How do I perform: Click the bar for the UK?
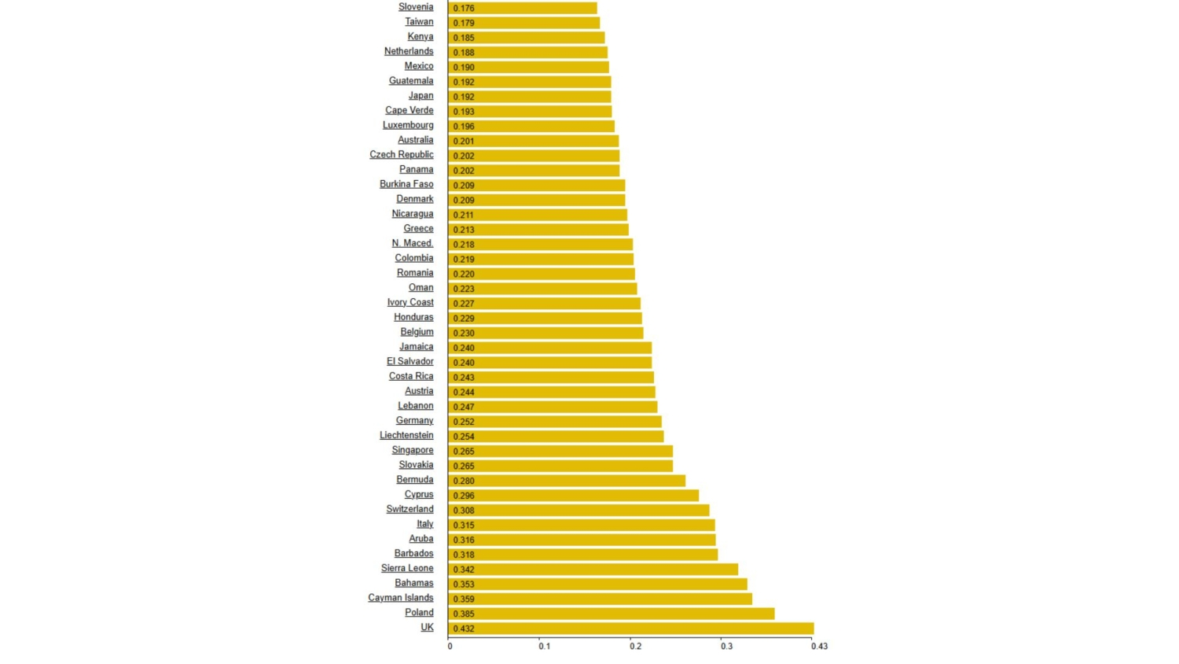point(630,629)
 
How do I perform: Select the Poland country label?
point(419,613)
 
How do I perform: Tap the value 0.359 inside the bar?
point(464,599)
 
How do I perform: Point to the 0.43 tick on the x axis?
point(819,647)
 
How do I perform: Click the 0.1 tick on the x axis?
point(544,647)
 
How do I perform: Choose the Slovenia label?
point(416,7)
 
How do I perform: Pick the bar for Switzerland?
point(578,511)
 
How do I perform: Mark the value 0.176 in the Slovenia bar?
point(464,9)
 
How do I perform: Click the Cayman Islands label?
point(401,598)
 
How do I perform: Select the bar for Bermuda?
point(567,481)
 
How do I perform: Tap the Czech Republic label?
point(402,155)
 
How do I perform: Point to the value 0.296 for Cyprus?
point(464,496)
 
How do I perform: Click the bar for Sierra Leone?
point(593,570)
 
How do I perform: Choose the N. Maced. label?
point(413,243)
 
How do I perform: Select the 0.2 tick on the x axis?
point(635,647)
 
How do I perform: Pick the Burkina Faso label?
point(406,184)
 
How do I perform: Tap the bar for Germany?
point(555,422)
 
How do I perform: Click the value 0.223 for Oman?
point(464,289)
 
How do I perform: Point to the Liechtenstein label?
point(406,435)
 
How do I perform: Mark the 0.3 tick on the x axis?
point(726,647)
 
